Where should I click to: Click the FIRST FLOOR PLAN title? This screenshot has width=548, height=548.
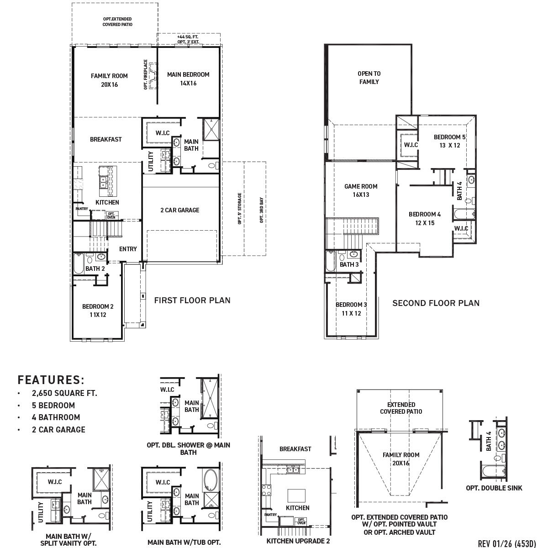point(192,300)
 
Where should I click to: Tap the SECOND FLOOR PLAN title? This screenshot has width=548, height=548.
point(436,303)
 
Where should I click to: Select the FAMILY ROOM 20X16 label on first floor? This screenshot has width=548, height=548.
point(109,80)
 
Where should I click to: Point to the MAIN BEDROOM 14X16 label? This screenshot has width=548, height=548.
point(188,79)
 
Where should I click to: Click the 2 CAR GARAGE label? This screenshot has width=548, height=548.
point(179,211)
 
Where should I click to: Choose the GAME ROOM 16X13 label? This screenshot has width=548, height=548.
point(360,190)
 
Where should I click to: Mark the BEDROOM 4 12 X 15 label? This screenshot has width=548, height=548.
point(425,218)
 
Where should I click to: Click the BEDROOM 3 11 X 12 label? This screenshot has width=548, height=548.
point(351,309)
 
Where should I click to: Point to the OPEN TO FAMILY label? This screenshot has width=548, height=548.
point(369,78)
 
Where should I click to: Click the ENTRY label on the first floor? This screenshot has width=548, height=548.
point(128,249)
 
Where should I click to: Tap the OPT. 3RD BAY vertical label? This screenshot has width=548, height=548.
point(262,210)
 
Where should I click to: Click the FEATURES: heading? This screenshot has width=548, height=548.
point(51,380)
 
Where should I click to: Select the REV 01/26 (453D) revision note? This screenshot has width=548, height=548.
point(506,543)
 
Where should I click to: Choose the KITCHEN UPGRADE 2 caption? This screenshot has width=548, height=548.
point(298,541)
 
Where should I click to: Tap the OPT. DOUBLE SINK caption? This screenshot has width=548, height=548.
point(494,488)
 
